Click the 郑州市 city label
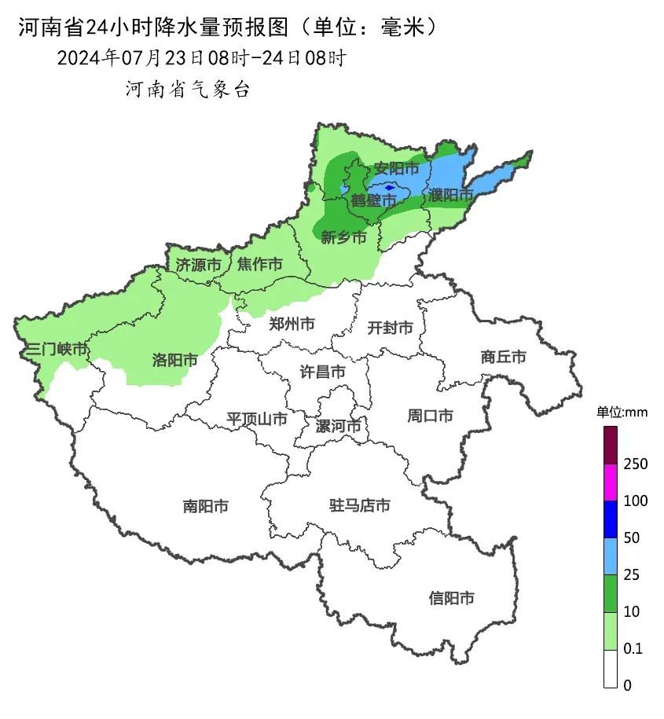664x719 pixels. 292,324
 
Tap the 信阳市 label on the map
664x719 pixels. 451,598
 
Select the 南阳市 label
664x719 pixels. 205,507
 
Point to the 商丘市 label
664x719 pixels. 503,357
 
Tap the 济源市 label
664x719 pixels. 198,265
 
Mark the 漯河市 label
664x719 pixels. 338,426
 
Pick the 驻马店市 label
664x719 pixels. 359,506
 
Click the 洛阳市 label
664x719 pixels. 174,360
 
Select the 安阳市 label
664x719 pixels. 396,168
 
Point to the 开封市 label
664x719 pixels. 390,328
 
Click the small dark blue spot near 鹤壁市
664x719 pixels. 389,188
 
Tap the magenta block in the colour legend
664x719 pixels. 610,482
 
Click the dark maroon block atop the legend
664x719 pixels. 610,445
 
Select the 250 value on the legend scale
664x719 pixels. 635,464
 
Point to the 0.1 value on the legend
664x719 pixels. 633,649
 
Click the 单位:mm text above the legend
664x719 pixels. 621,413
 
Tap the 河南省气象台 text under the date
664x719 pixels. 188,90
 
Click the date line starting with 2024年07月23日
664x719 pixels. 201,58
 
